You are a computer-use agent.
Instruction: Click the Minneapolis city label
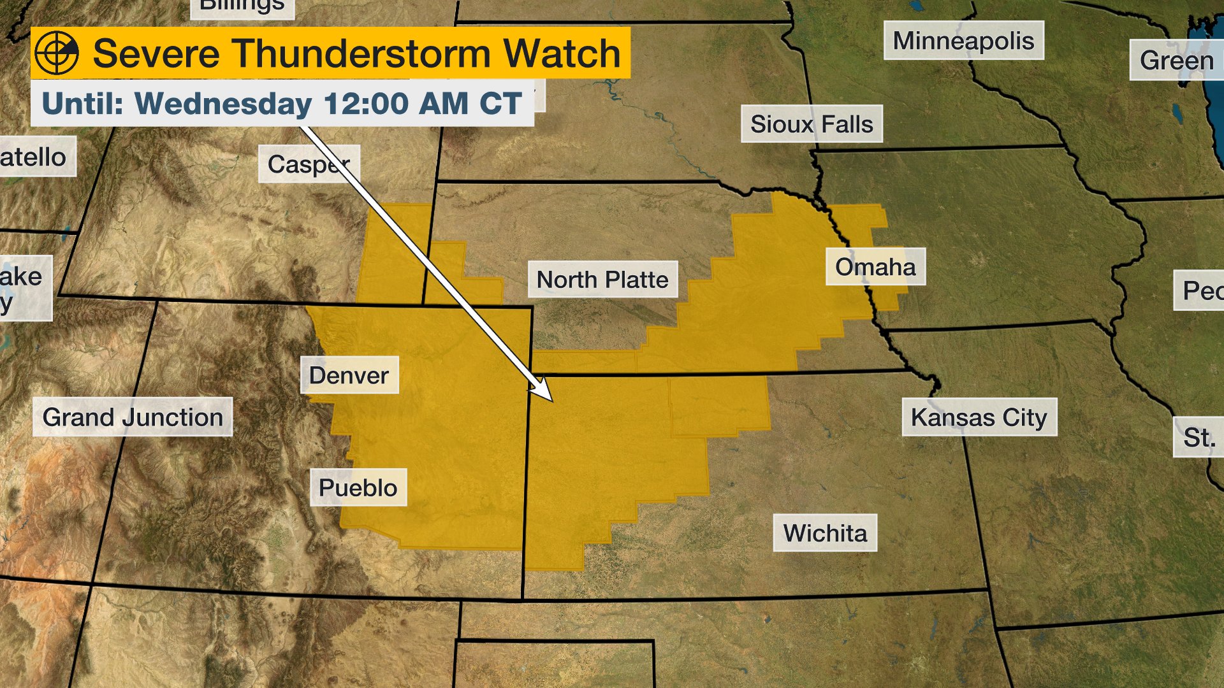963,41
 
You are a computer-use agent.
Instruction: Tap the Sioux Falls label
812,124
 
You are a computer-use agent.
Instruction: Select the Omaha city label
875,267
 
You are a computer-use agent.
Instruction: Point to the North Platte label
602,280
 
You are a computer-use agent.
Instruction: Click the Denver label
349,375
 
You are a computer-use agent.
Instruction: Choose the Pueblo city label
358,488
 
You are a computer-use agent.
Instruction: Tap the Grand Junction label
133,417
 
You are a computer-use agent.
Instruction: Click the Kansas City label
979,417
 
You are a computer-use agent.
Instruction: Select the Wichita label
825,533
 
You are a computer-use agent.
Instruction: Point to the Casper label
309,164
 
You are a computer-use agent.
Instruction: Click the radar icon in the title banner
57,53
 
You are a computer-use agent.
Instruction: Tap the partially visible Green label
1177,61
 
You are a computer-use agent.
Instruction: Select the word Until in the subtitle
82,103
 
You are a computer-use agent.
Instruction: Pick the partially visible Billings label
242,7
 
